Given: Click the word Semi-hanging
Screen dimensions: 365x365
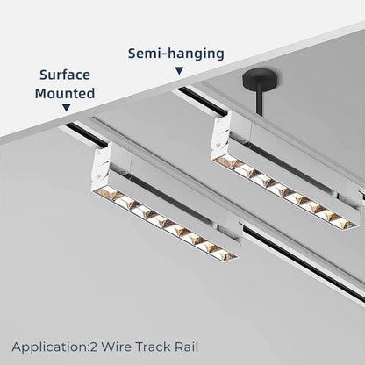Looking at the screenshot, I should (175, 54).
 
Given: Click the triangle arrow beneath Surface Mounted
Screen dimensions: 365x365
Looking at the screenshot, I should (66, 108).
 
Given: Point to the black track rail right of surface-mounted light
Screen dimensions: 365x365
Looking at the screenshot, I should (290, 254).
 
